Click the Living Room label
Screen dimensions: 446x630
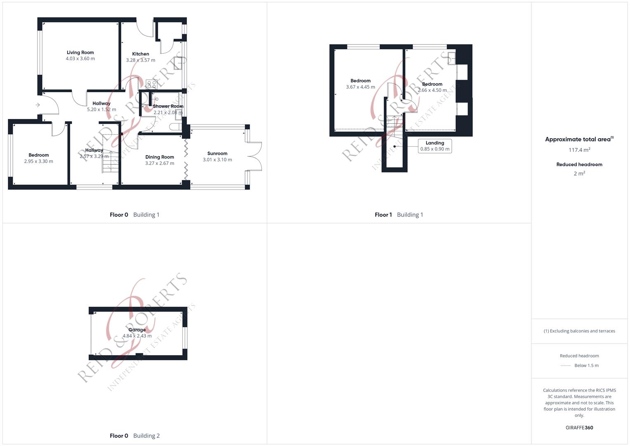[80, 52]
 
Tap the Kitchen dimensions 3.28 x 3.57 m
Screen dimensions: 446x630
[141, 60]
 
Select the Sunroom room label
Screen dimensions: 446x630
[217, 154]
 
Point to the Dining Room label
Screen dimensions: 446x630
[160, 157]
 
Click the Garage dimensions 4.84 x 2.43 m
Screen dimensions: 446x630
[137, 336]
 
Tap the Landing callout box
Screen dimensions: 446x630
[435, 146]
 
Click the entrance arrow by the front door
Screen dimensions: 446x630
[38, 105]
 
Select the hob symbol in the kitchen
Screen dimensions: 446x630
[151, 84]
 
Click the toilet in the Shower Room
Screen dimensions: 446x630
[175, 127]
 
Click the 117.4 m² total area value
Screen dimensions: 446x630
[579, 150]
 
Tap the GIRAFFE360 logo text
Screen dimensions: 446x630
[579, 428]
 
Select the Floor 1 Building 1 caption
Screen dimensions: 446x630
[399, 215]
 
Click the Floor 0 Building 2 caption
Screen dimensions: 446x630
[134, 436]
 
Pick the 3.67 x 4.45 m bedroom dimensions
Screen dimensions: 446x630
[361, 87]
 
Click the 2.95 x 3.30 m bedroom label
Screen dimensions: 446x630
[39, 161]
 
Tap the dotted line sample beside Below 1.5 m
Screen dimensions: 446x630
[566, 365]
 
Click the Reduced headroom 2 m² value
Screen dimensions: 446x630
[579, 174]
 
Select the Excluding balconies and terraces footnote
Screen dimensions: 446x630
[579, 331]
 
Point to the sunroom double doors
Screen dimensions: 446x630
[255, 156]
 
